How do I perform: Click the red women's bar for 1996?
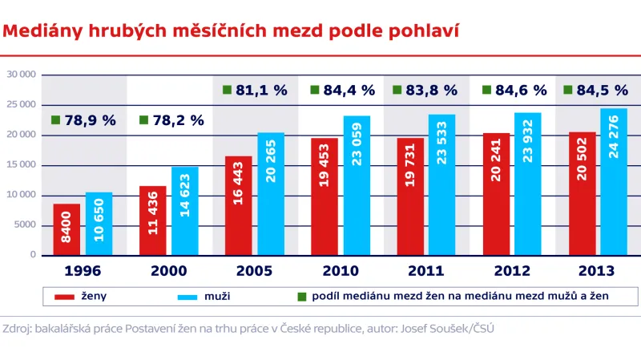tap(67, 229)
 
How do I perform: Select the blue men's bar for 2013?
tap(613, 182)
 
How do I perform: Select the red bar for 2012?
tap(496, 194)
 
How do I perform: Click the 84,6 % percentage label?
tap(518, 91)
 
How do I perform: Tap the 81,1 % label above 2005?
tap(261, 91)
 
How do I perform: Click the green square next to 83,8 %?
tap(397, 91)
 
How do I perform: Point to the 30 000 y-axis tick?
tap(22, 75)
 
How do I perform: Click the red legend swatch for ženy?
tap(64, 297)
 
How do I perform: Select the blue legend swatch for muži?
tap(190, 297)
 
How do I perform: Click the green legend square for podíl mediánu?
tap(301, 297)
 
